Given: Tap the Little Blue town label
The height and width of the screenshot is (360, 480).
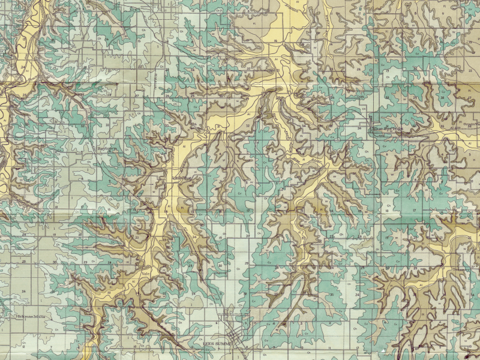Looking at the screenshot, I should tap(181, 178).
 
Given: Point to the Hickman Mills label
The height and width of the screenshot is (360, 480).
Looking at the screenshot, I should tap(31, 316).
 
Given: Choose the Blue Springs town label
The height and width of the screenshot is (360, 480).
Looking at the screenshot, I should tap(387, 128).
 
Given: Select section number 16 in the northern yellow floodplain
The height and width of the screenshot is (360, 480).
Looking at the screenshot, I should tap(275, 41).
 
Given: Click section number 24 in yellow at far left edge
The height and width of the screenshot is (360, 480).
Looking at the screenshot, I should tap(22, 68).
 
